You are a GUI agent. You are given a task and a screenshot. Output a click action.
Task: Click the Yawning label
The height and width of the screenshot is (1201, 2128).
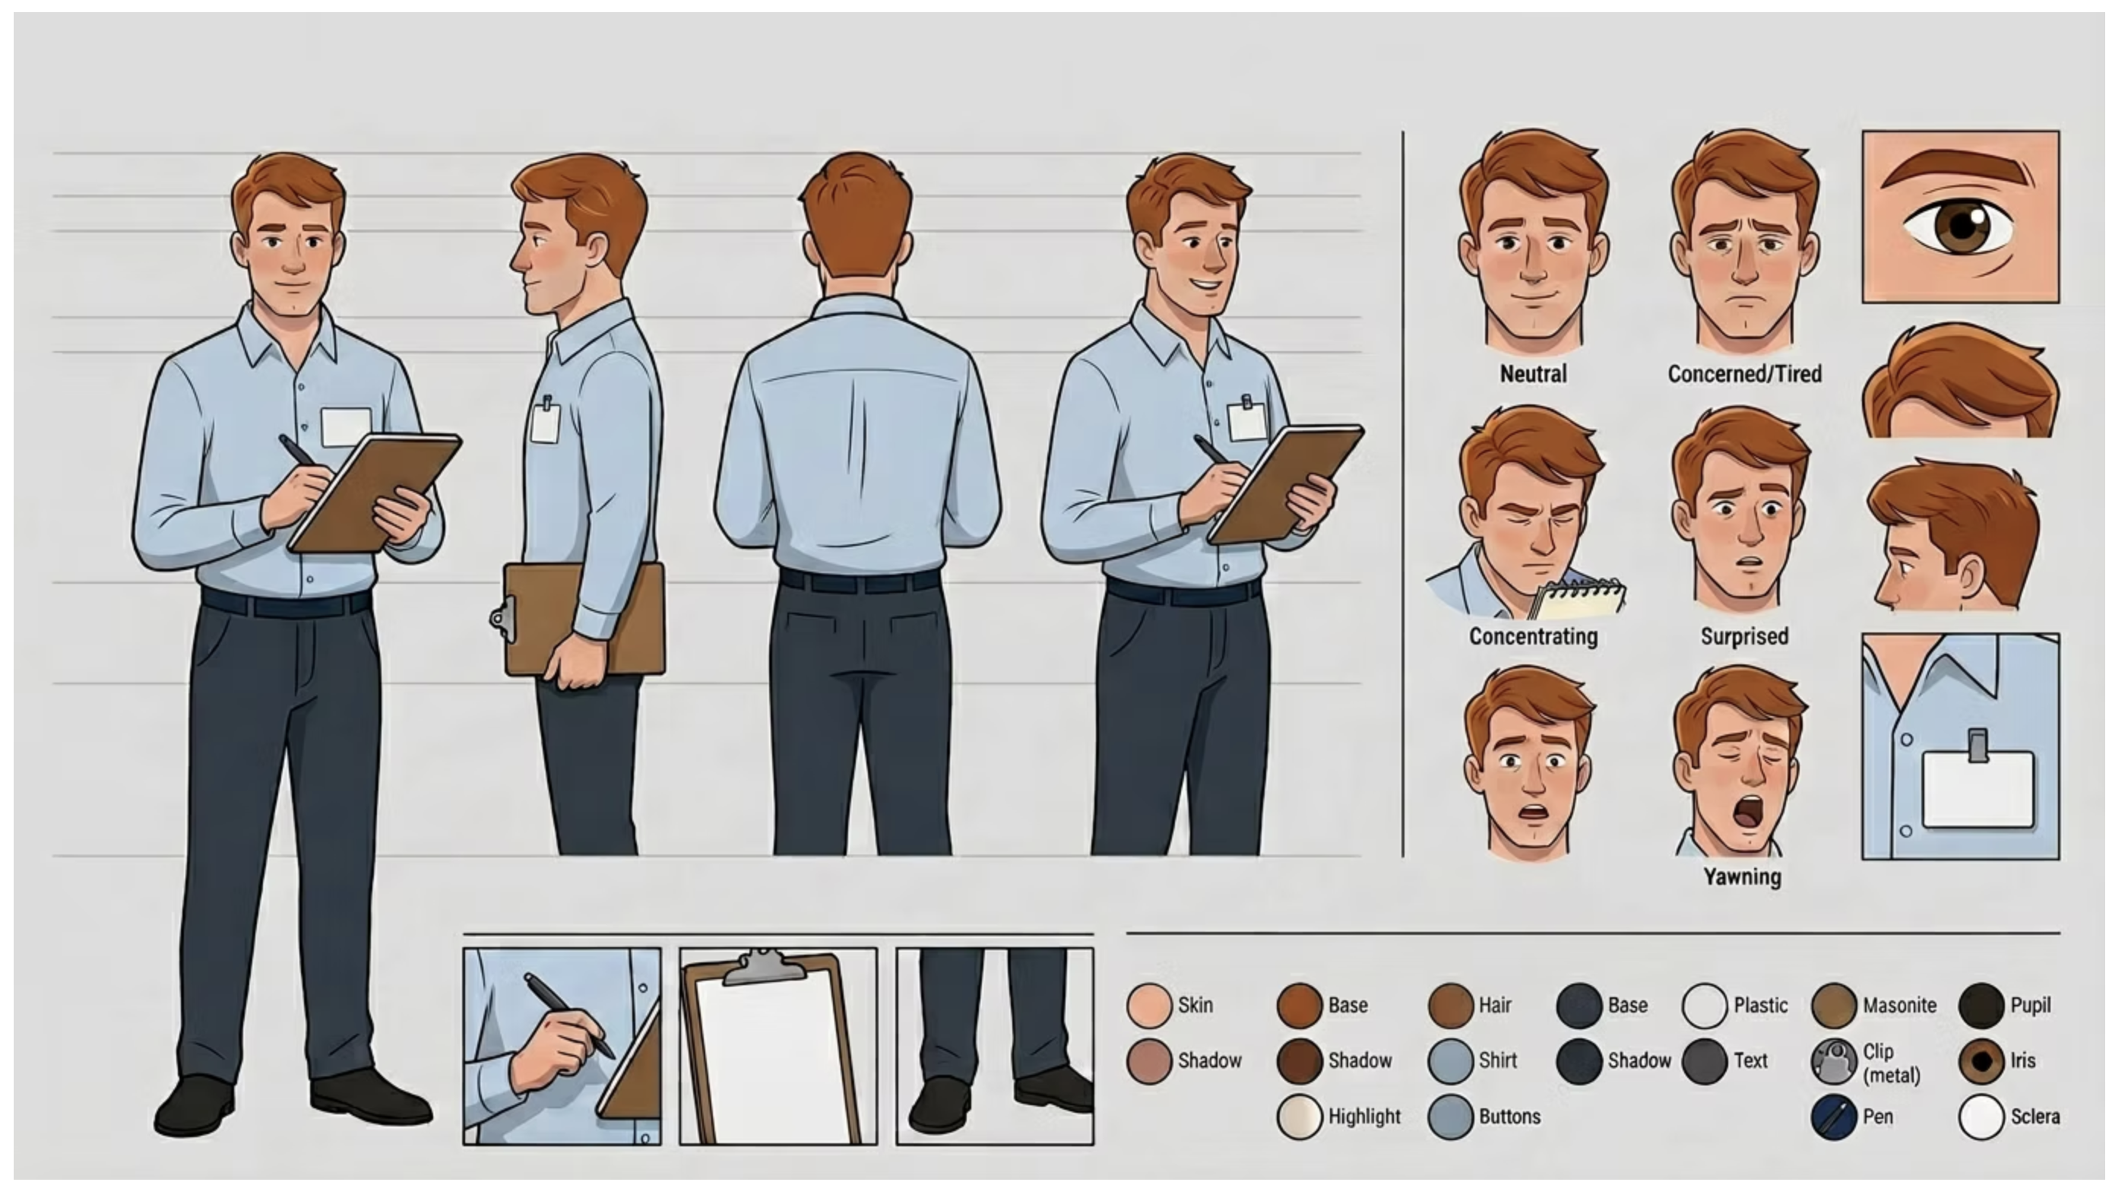(1742, 876)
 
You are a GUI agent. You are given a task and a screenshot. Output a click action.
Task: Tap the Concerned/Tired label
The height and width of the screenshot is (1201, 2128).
(1745, 374)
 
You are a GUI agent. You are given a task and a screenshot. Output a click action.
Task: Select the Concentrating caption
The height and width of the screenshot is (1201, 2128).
(1533, 637)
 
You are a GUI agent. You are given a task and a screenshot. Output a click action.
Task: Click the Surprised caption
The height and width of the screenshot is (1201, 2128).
(1745, 636)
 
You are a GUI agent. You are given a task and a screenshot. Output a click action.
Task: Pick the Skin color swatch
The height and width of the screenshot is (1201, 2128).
(1149, 1005)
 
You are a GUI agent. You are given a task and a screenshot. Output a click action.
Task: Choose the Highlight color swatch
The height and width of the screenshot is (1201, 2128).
(1300, 1117)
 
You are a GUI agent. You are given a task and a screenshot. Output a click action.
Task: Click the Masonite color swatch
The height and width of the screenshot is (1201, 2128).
(1834, 1005)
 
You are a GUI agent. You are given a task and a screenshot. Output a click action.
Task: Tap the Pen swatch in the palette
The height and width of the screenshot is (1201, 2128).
(1834, 1117)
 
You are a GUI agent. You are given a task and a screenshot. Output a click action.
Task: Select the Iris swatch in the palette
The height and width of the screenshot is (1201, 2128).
(1981, 1060)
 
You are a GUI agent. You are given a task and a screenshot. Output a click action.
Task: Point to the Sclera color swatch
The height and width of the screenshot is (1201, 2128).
(1981, 1117)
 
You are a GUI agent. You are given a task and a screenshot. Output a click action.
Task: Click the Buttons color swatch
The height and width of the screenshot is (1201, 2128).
(1451, 1117)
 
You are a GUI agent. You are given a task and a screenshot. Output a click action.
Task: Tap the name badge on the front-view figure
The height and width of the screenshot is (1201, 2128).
(345, 426)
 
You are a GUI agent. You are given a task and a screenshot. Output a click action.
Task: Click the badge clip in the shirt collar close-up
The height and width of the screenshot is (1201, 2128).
(1978, 745)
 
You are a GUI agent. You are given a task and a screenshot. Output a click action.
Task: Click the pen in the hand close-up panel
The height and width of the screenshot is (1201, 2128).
(569, 1016)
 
